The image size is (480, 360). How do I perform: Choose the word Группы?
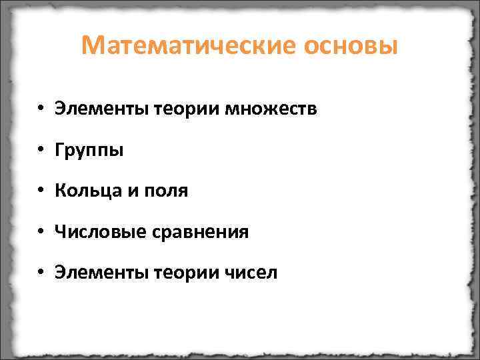[x=89, y=151]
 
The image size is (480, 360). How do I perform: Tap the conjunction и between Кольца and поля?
[x=131, y=192]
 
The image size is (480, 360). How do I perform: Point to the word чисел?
[x=251, y=273]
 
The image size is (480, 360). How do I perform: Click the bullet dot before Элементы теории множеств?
[x=41, y=109]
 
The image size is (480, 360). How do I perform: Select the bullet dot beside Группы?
[x=41, y=151]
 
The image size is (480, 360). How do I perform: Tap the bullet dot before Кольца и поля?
[x=41, y=192]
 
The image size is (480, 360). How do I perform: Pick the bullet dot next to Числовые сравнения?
[x=41, y=233]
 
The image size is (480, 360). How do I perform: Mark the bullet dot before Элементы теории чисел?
[x=41, y=273]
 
